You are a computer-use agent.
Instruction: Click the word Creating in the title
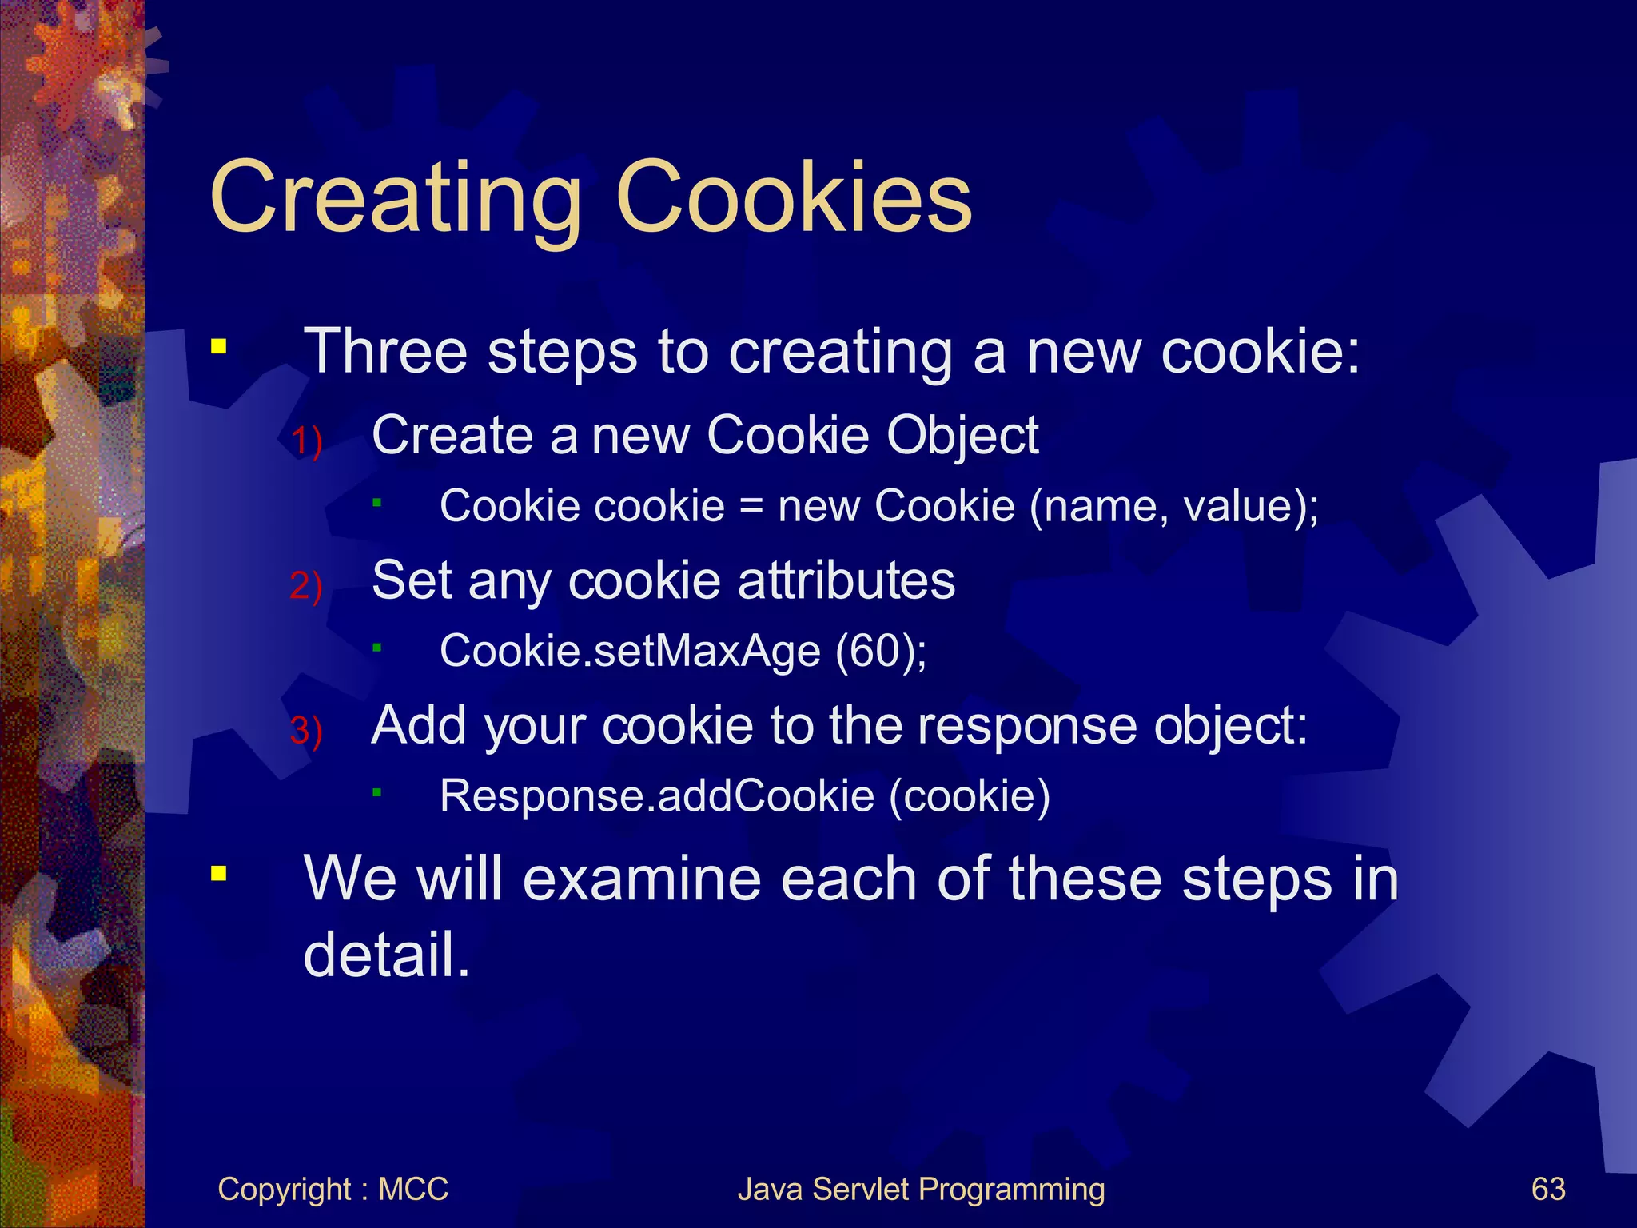click(x=396, y=198)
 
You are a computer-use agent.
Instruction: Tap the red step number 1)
click(x=306, y=441)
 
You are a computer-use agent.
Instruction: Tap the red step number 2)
click(x=306, y=586)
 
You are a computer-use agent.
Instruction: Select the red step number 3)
click(x=306, y=731)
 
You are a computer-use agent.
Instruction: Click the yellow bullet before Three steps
click(x=218, y=347)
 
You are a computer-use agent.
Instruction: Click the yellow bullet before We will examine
click(x=218, y=873)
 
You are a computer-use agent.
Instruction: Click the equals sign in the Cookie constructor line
click(x=751, y=507)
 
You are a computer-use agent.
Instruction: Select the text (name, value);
click(x=1173, y=507)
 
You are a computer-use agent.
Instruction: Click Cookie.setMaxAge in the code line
click(x=630, y=651)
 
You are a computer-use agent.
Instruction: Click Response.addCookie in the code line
click(x=657, y=796)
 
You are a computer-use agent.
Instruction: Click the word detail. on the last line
click(x=387, y=955)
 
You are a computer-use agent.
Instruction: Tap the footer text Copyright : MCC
click(x=333, y=1190)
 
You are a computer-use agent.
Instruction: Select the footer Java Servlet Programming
click(x=921, y=1190)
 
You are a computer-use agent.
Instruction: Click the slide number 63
click(x=1548, y=1190)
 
